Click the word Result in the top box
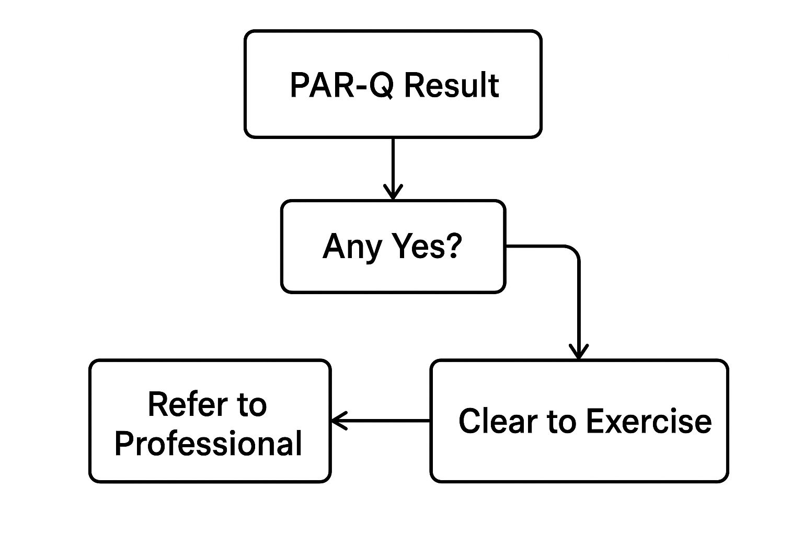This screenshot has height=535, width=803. (452, 85)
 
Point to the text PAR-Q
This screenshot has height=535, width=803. (341, 85)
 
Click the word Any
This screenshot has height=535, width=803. (351, 247)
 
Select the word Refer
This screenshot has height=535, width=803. (181, 404)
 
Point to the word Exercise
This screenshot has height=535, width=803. (648, 421)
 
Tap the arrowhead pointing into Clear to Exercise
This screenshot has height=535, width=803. (578, 353)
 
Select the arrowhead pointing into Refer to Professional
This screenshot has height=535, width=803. (338, 420)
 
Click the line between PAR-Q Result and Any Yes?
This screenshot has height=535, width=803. (393, 162)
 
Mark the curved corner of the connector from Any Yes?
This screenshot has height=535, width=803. (574, 250)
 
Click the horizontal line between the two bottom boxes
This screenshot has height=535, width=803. (387, 420)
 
